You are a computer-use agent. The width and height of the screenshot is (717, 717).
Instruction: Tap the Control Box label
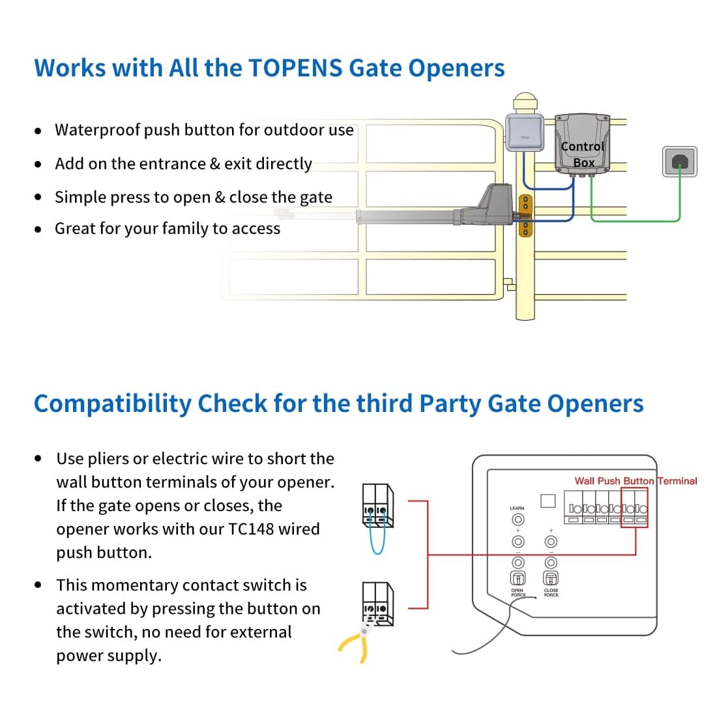coord(583,154)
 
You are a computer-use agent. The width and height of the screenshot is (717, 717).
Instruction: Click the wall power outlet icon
coord(679,161)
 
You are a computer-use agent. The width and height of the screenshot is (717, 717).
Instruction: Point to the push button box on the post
coord(524,132)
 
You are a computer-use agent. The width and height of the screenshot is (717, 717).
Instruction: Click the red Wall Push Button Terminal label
coord(635,481)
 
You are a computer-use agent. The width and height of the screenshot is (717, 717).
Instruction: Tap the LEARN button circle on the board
coord(518,519)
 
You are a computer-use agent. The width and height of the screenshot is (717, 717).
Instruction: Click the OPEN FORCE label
coord(518,593)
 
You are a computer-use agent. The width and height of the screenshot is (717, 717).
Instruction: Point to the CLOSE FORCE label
coord(551,593)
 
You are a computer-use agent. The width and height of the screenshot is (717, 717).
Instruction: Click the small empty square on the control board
coord(548,501)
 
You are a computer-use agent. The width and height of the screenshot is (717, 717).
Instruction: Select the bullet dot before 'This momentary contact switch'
coord(38,585)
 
